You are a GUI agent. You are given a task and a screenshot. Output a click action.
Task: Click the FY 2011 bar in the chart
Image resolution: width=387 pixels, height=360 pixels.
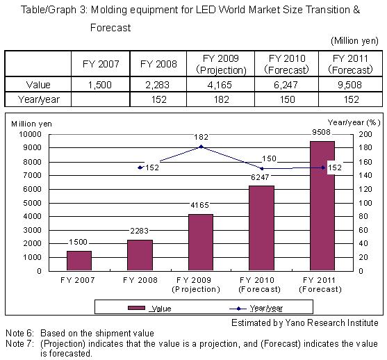click(x=322, y=206)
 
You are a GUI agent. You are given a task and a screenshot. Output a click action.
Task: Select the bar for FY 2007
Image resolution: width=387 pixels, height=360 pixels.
click(x=79, y=261)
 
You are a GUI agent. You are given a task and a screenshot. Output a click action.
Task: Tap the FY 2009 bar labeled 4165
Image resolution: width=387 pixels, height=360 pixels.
click(x=201, y=243)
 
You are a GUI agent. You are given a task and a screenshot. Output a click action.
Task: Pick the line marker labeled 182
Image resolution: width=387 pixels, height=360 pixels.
click(x=201, y=147)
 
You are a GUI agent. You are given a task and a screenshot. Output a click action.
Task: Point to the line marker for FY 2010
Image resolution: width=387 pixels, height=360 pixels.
click(x=262, y=169)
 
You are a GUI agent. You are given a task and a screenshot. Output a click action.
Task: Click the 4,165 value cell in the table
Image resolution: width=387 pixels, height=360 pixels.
click(x=220, y=85)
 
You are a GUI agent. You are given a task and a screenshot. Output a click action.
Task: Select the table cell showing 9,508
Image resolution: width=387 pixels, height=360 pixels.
click(x=350, y=85)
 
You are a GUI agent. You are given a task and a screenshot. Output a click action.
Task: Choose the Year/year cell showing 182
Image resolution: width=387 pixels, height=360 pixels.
click(x=222, y=99)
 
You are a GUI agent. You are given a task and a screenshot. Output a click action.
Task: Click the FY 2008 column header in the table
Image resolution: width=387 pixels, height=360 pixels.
click(x=158, y=64)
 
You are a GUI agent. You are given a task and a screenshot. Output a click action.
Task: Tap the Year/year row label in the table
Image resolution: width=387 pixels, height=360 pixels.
click(x=38, y=99)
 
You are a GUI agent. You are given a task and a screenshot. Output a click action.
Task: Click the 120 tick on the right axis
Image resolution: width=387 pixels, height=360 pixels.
click(x=365, y=189)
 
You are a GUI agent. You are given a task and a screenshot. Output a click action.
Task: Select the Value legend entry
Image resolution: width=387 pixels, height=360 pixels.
click(x=149, y=308)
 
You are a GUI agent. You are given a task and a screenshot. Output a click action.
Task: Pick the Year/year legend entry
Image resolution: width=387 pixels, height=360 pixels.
click(x=256, y=308)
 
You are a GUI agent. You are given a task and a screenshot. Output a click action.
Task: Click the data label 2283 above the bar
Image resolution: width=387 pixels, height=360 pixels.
click(x=140, y=231)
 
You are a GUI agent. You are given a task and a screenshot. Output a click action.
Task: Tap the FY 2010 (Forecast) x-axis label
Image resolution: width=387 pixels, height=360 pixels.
click(x=259, y=284)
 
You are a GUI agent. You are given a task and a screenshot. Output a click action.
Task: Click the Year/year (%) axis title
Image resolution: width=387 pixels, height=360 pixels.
click(x=354, y=123)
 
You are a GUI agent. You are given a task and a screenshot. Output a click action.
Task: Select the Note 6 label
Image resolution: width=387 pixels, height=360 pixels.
click(x=19, y=334)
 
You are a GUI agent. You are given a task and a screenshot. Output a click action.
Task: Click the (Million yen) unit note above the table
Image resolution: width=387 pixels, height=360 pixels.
click(x=354, y=41)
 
